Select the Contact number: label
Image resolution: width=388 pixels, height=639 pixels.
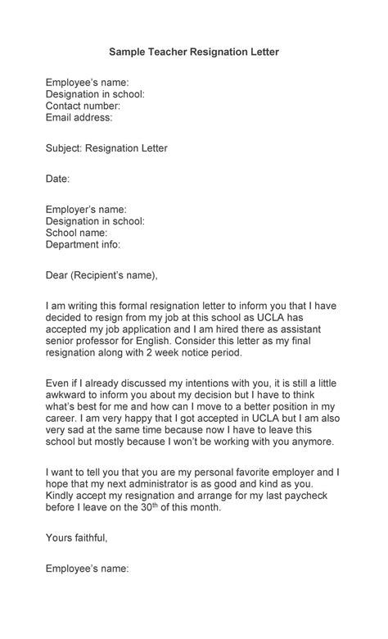(x=83, y=106)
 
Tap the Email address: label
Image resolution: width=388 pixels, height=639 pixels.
(x=79, y=117)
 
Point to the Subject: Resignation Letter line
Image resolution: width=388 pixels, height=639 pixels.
(x=106, y=148)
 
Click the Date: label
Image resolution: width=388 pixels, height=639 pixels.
(x=57, y=179)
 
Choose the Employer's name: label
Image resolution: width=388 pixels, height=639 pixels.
(x=86, y=210)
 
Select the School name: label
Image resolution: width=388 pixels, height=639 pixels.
(x=76, y=233)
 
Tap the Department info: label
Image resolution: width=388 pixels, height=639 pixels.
(x=83, y=244)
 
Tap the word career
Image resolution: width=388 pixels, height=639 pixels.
(x=61, y=418)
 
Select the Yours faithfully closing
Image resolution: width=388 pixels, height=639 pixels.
(x=76, y=537)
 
